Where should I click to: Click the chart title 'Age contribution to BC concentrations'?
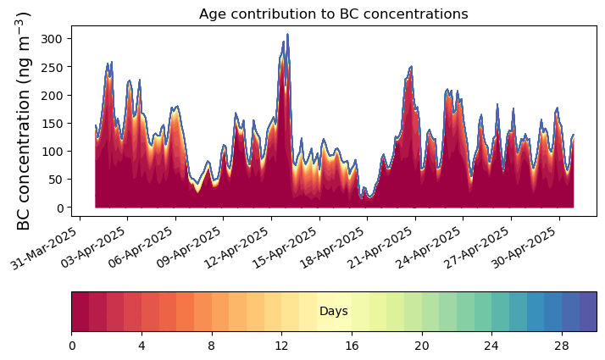coord(333,14)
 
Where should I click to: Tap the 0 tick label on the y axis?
coord(62,208)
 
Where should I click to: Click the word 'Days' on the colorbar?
coord(333,312)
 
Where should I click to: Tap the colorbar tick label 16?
coord(352,346)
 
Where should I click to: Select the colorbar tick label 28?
coord(561,346)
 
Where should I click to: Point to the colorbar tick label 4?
coord(142,346)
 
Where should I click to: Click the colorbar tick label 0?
coord(72,346)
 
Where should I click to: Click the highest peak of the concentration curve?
coord(287,35)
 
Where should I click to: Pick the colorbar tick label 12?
coord(281,346)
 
